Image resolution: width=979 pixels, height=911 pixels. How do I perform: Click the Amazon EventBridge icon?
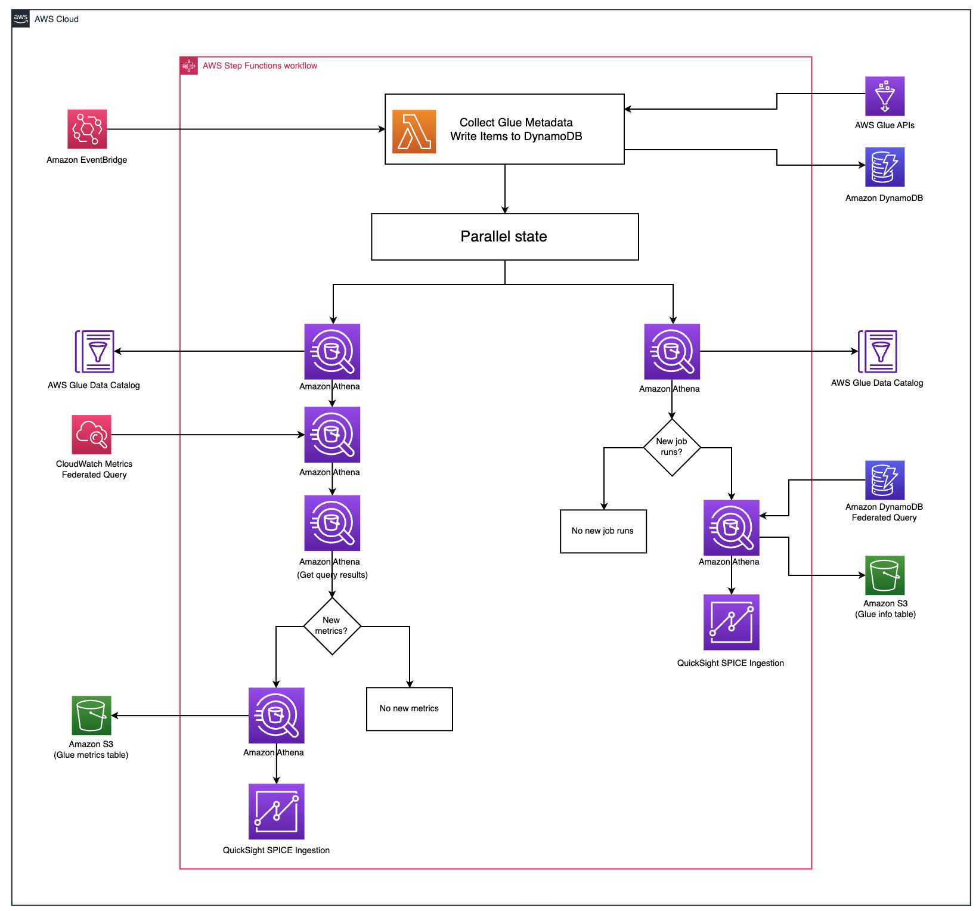[x=87, y=129]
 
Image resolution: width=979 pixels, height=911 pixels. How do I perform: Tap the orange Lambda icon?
[x=414, y=132]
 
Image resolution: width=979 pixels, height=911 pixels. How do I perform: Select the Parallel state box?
[x=504, y=237]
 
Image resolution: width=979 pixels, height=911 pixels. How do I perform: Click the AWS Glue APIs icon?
[x=885, y=96]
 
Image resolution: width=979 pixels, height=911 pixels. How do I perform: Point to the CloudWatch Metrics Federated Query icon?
[x=92, y=435]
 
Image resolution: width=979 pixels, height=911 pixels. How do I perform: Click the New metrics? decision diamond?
[x=332, y=626]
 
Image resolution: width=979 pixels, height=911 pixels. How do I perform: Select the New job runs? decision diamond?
[x=672, y=447]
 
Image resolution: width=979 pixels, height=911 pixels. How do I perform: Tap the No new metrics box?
[x=409, y=709]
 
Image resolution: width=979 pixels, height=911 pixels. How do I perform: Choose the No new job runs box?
[x=603, y=531]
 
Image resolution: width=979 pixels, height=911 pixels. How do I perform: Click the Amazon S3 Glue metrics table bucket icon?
[x=91, y=715]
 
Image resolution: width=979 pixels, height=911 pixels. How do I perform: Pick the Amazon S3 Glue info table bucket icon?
[x=885, y=575]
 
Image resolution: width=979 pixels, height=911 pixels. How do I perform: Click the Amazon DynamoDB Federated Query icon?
[x=885, y=480]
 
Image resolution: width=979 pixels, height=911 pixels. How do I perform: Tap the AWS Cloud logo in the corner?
[x=21, y=18]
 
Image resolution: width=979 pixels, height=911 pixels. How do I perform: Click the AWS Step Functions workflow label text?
[x=259, y=66]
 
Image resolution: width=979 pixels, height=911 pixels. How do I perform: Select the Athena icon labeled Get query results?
[x=332, y=523]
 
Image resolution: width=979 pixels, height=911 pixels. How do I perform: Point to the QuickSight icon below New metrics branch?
[x=277, y=811]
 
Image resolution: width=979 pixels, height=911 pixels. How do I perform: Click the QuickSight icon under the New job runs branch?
[x=732, y=622]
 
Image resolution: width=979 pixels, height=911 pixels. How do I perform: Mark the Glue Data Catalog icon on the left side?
[x=94, y=352]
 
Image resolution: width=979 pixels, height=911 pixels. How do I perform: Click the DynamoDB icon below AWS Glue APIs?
[x=885, y=167]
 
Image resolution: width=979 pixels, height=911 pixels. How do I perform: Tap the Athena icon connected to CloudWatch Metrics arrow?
[x=332, y=435]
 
